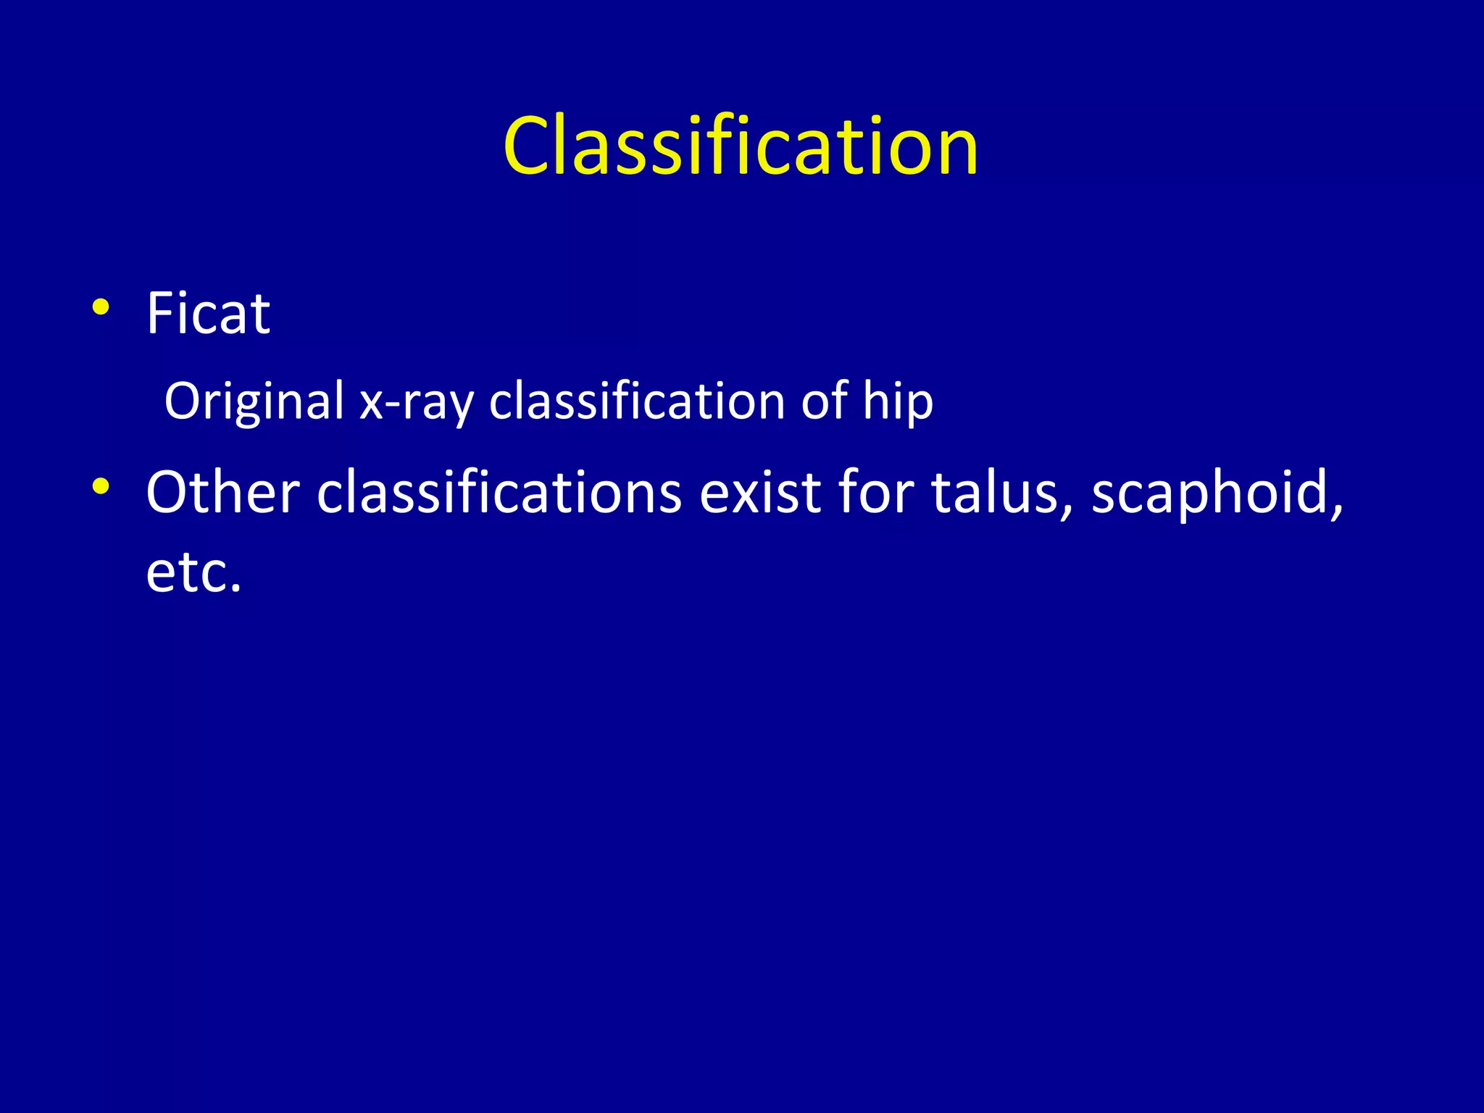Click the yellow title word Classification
[x=741, y=146]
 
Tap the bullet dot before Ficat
[x=101, y=308]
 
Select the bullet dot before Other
[x=101, y=486]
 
